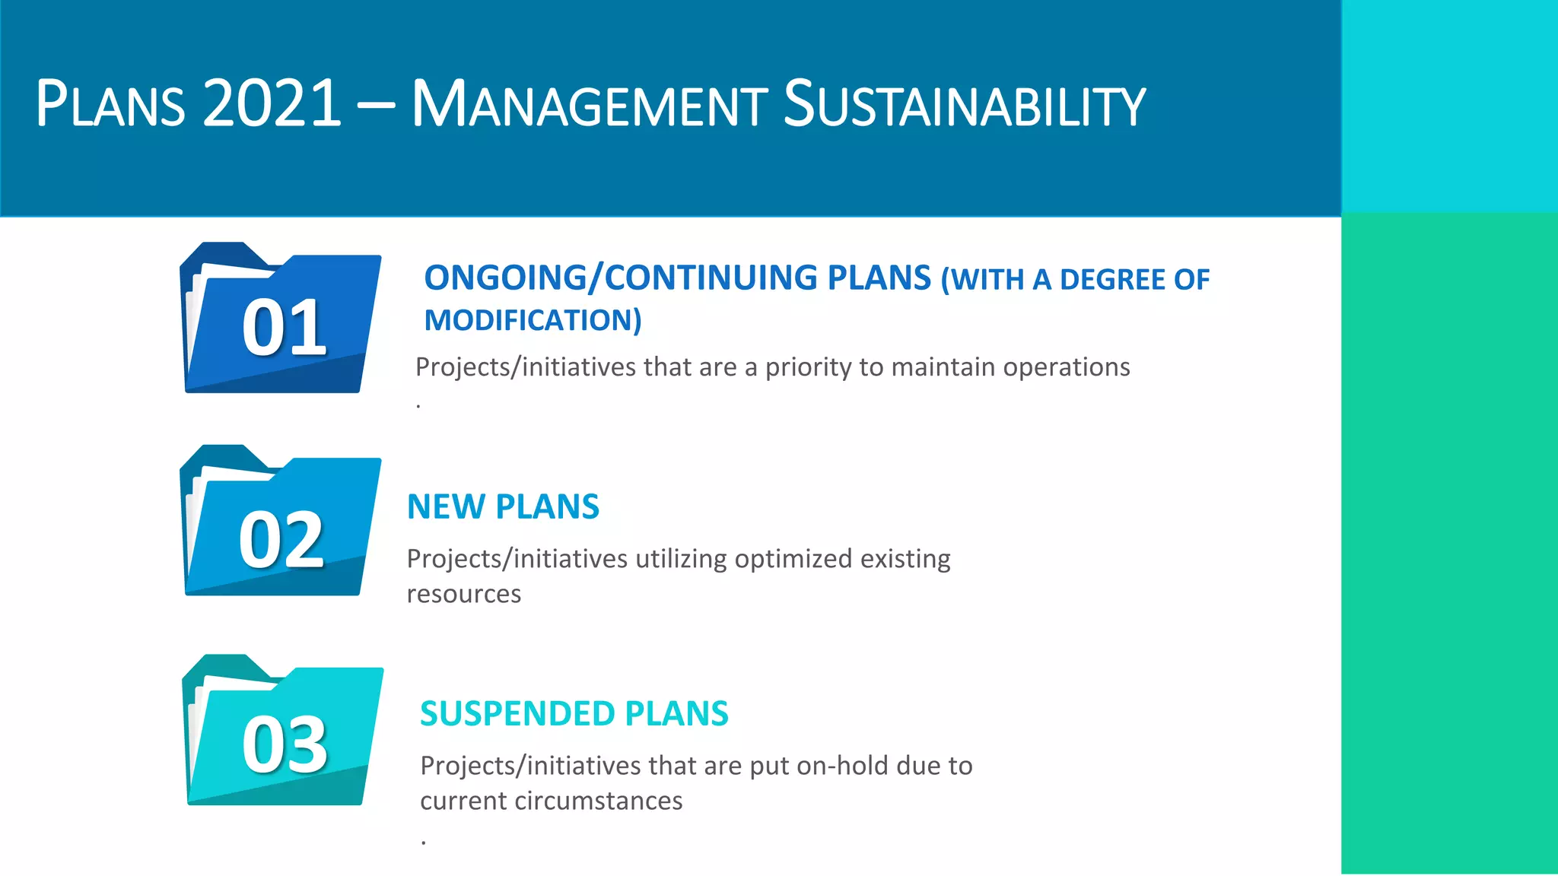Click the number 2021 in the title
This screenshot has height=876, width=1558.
[x=272, y=103]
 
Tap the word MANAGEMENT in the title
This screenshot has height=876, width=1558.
[x=589, y=103]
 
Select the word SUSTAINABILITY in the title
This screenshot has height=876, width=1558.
[x=964, y=103]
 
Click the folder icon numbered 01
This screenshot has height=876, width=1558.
[x=280, y=319]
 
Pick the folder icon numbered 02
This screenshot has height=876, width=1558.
[x=280, y=523]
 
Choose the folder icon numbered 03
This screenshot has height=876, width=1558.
[x=282, y=732]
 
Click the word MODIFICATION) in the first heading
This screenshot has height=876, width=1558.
[x=533, y=320]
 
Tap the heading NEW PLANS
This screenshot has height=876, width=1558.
[x=503, y=506]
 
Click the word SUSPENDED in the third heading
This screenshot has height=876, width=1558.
[x=517, y=713]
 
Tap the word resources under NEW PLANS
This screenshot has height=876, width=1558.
[x=463, y=594]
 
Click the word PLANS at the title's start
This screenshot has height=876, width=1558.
[x=110, y=103]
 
